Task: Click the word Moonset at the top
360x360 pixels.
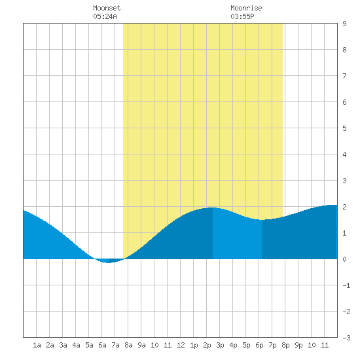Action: (107, 8)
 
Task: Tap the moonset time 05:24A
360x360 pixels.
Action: (105, 16)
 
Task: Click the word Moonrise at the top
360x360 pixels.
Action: (246, 8)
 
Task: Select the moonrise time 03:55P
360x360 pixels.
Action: (242, 16)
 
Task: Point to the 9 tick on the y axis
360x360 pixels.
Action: (344, 24)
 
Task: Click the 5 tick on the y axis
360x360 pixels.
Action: (344, 128)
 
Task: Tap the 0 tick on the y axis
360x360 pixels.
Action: (344, 259)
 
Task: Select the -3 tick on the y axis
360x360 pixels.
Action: (346, 338)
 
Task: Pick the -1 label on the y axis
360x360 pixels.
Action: (346, 285)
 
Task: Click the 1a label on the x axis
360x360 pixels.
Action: (37, 345)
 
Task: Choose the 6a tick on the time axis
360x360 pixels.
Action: (102, 345)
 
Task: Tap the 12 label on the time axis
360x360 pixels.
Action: (181, 345)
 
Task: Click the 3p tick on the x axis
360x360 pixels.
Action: (220, 345)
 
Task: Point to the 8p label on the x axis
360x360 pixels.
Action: (285, 345)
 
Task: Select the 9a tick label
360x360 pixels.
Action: (141, 345)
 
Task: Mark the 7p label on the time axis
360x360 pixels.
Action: (272, 345)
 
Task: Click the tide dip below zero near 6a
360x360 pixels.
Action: (109, 261)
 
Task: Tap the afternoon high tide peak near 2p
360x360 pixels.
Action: (212, 208)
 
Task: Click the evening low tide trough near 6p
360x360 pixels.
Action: (262, 220)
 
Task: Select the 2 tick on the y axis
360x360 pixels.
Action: (344, 207)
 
